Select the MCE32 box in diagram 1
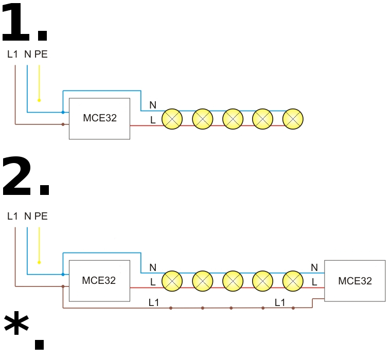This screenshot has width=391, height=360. tap(99, 118)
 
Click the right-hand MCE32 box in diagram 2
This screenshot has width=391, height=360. tap(354, 281)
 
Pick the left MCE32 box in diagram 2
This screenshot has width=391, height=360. tap(99, 281)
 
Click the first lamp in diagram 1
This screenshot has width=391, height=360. tap(172, 119)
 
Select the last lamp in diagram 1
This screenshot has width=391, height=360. tap(293, 119)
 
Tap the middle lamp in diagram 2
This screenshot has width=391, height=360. tap(233, 281)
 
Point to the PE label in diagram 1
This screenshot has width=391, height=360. tap(41, 54)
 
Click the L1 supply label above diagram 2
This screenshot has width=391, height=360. tap(13, 217)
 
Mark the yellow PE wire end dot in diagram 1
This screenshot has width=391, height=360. tap(39, 100)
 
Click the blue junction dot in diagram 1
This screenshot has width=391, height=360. tap(63, 112)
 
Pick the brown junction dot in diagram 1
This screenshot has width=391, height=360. tap(63, 124)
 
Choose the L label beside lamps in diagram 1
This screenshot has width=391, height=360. tap(153, 120)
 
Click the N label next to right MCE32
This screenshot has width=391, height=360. tap(314, 267)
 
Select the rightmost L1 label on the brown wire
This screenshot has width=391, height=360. tap(280, 302)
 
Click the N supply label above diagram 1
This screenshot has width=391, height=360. tap(27, 54)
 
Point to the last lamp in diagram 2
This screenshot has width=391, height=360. tap(293, 281)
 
